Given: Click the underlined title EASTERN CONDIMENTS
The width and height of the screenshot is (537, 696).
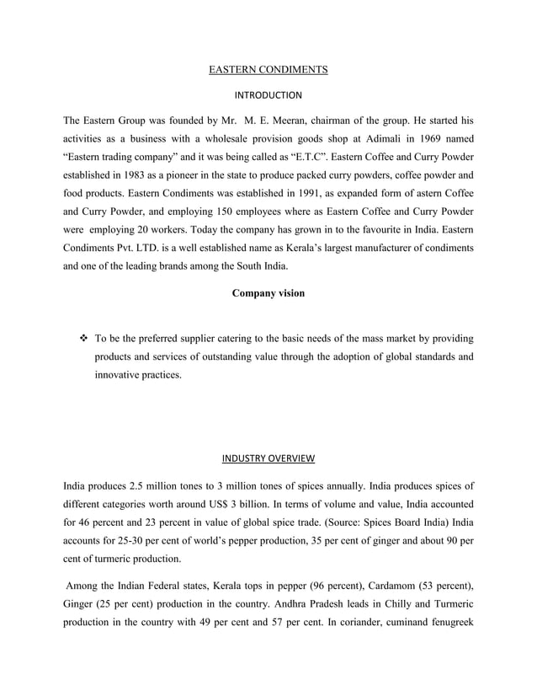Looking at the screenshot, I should (x=268, y=70).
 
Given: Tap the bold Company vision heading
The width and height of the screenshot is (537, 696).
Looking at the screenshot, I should (x=268, y=293).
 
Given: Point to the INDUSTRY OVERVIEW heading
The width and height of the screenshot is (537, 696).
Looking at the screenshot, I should (x=268, y=459).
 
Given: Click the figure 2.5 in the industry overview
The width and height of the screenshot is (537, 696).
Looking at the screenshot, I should (x=138, y=485).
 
